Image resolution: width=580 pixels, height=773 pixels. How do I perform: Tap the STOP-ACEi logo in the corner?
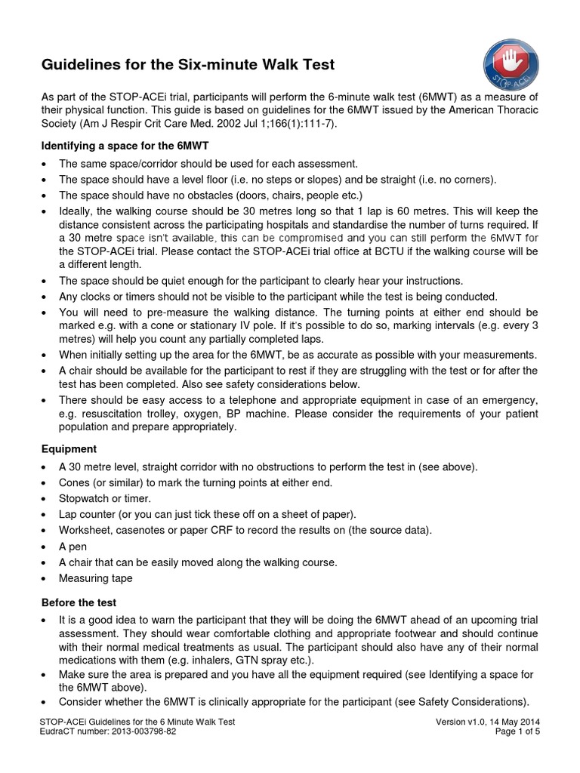tap(511, 66)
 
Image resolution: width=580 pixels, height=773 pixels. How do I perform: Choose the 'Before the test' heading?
tap(79, 603)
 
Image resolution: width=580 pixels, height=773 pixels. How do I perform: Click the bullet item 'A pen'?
tap(72, 546)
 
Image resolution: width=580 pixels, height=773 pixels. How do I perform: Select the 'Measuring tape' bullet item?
tap(95, 578)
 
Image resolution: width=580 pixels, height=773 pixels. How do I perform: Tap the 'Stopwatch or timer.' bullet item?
tap(105, 498)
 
